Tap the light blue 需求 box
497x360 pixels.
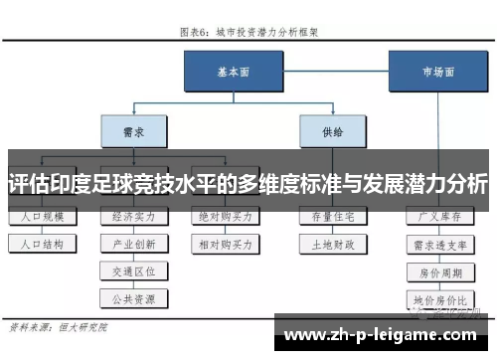click(130, 129)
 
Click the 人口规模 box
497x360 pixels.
click(40, 216)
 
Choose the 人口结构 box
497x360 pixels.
click(40, 243)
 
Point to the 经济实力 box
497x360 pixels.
click(133, 216)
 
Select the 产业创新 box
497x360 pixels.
click(133, 243)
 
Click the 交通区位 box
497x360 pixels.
click(133, 270)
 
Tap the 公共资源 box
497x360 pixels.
click(133, 296)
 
